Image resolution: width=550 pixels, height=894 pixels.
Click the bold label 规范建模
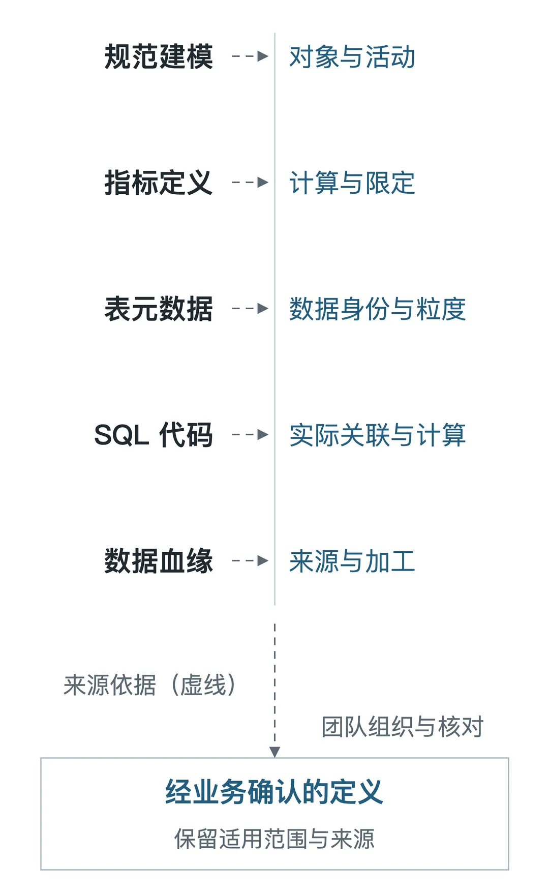point(159,56)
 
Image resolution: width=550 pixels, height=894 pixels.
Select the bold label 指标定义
point(159,183)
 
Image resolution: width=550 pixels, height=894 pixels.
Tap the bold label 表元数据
point(159,309)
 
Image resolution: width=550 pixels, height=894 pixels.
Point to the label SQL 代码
point(154,435)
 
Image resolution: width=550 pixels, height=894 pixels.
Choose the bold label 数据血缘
point(159,561)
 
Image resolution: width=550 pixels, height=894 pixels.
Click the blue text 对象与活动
point(352,56)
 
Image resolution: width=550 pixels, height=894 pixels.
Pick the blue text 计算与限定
point(352,183)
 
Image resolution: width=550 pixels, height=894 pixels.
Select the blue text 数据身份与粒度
point(378,309)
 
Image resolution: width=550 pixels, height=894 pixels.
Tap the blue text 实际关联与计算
point(378,435)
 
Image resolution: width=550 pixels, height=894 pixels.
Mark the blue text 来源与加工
point(352,561)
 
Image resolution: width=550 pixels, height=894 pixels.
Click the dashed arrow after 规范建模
point(250,56)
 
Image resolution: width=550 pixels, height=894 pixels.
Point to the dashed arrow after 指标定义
point(250,182)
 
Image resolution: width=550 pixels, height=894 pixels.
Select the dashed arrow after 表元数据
point(250,308)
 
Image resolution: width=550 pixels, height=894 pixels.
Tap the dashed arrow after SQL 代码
point(250,434)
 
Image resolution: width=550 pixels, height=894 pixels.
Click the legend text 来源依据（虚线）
point(150,684)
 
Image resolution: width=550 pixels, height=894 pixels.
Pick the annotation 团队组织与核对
point(403,726)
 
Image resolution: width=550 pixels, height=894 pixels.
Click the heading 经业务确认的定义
point(274,792)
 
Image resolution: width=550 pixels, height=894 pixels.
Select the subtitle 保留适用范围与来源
point(274,839)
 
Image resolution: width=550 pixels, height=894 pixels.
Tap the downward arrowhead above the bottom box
point(275,752)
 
